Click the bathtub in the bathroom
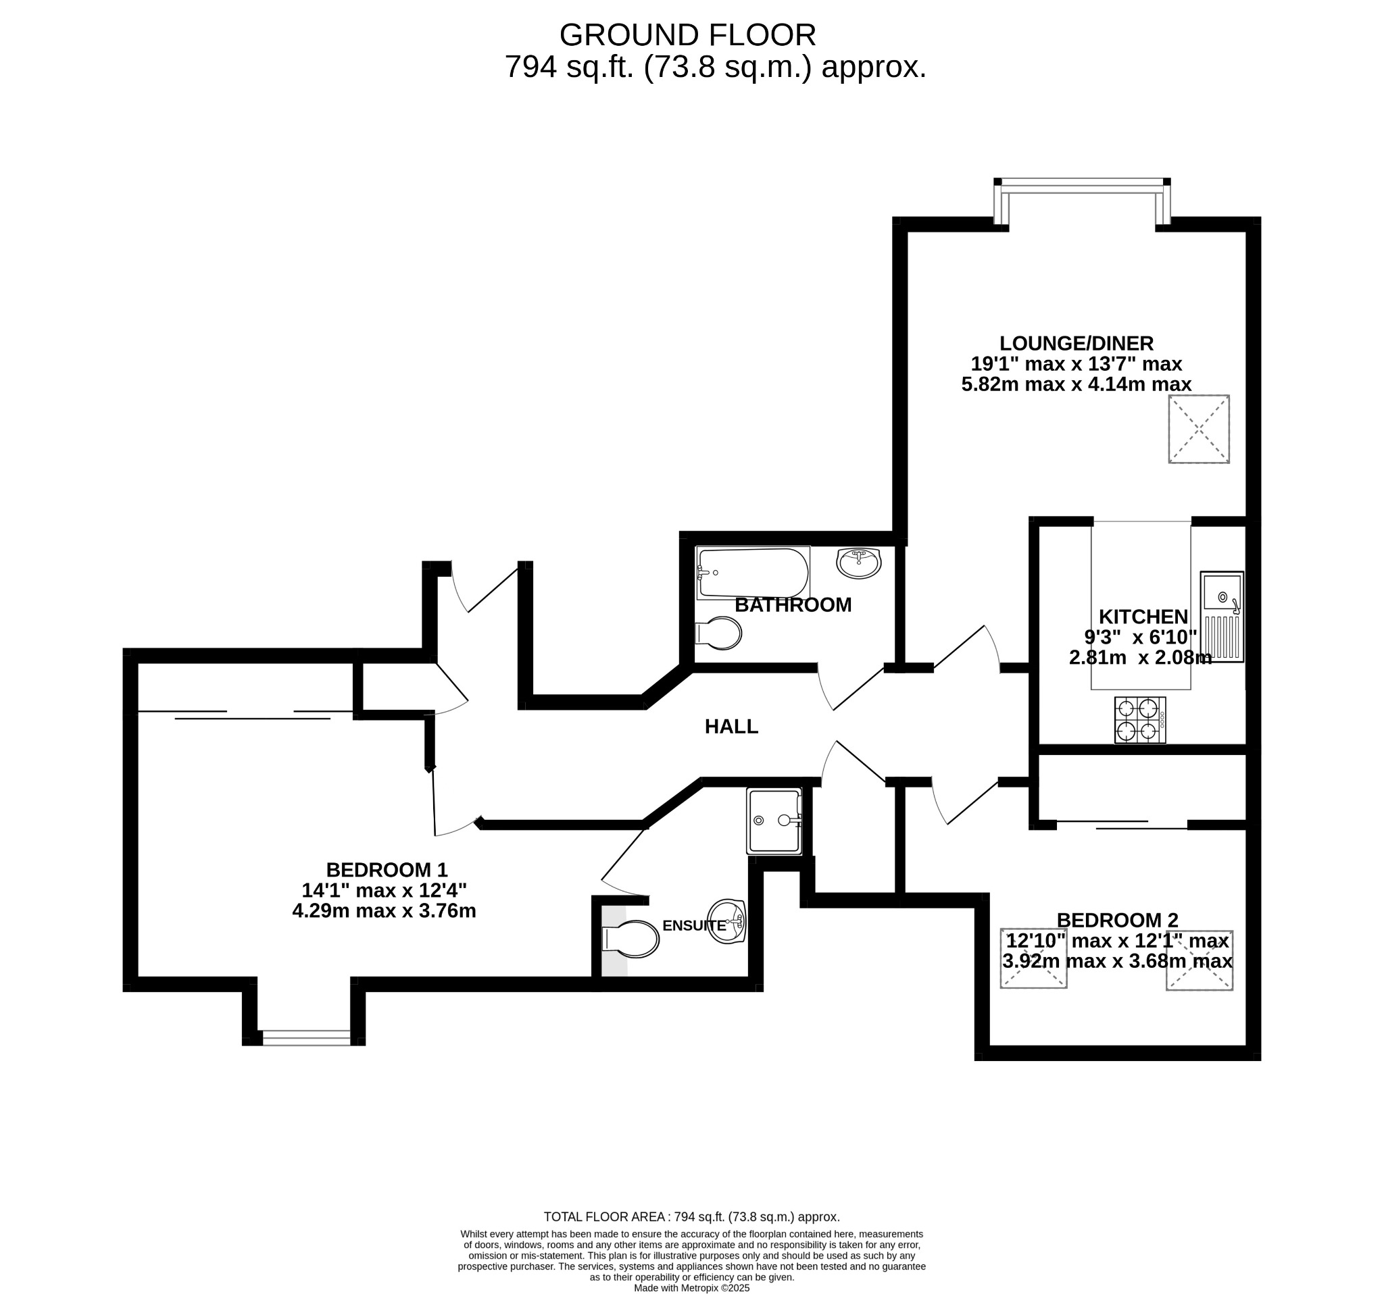[753, 573]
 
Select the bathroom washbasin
[859, 563]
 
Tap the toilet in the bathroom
[719, 633]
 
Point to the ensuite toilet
[631, 940]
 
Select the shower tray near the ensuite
[774, 821]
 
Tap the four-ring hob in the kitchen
[1139, 720]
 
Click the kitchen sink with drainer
[1222, 617]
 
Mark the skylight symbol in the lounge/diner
[1199, 430]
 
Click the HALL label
[731, 727]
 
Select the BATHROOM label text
[793, 605]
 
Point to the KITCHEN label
[1143, 617]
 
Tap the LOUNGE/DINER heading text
[1077, 344]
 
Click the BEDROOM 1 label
[387, 871]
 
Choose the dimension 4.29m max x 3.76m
[385, 911]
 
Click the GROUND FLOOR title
[687, 35]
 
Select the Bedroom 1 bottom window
[306, 1038]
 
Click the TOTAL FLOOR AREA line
[691, 1217]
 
